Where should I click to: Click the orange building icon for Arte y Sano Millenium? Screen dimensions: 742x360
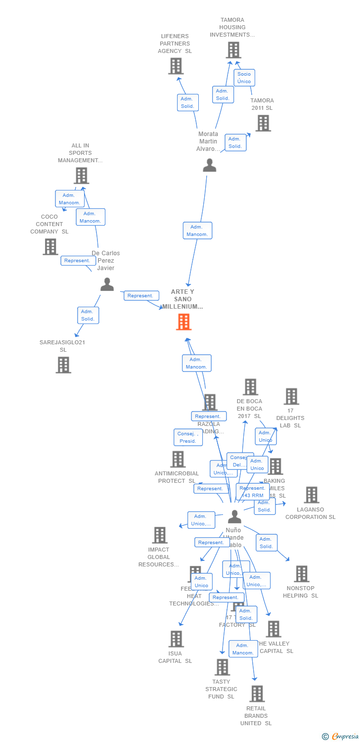(x=183, y=323)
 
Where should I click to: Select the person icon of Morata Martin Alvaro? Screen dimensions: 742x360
(x=210, y=165)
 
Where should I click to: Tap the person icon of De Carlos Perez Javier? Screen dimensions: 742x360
(x=107, y=284)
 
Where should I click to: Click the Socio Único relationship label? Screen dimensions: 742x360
(x=244, y=78)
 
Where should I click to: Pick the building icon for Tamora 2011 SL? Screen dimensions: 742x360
(x=263, y=123)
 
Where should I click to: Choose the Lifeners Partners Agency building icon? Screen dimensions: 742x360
(x=176, y=66)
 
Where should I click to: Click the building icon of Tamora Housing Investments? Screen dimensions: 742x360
(x=233, y=50)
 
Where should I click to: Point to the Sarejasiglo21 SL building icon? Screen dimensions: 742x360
(x=63, y=365)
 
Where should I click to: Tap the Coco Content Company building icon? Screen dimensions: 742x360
(x=50, y=246)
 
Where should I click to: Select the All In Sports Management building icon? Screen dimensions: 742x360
(x=81, y=176)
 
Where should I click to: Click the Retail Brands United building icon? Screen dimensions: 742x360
(x=257, y=694)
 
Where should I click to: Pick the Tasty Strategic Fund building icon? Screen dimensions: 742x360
(x=222, y=667)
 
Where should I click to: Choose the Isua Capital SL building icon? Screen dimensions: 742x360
(x=176, y=639)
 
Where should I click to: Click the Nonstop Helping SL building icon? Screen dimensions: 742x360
(x=301, y=574)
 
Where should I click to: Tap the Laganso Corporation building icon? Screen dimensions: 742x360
(x=311, y=495)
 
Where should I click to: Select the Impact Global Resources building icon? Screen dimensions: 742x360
(x=159, y=535)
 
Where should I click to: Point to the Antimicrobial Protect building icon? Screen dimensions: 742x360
(x=178, y=459)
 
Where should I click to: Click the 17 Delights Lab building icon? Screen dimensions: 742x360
(x=291, y=396)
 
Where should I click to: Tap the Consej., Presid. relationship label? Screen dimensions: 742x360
(x=188, y=437)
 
